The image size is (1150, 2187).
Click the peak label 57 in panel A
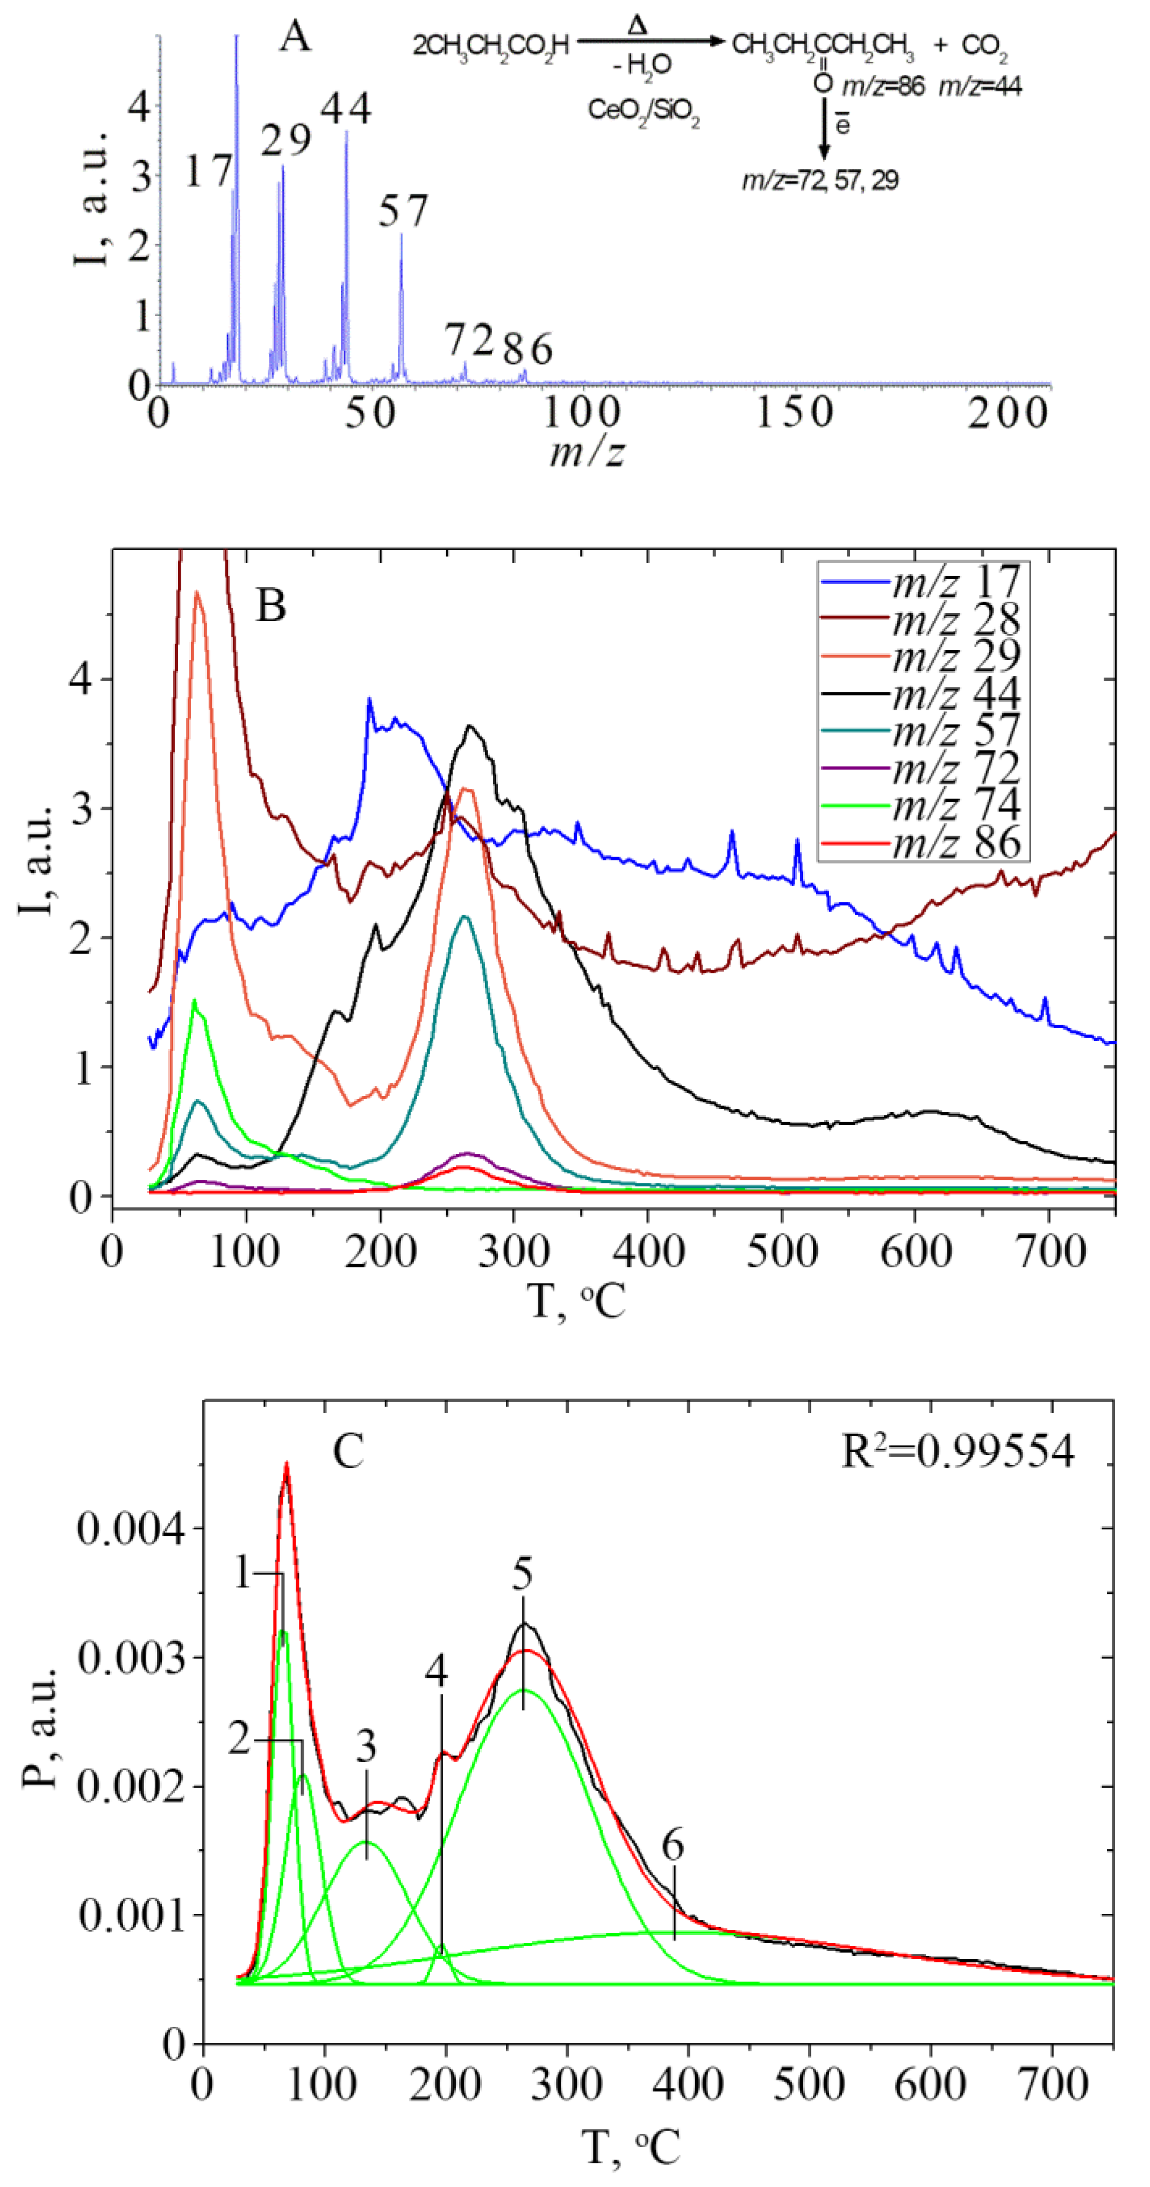tap(403, 211)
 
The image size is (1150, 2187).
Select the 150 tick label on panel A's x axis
tap(795, 414)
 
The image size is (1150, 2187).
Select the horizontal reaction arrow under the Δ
tap(650, 41)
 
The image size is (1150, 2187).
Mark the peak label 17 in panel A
tap(208, 172)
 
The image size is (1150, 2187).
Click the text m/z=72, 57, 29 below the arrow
tap(820, 181)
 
